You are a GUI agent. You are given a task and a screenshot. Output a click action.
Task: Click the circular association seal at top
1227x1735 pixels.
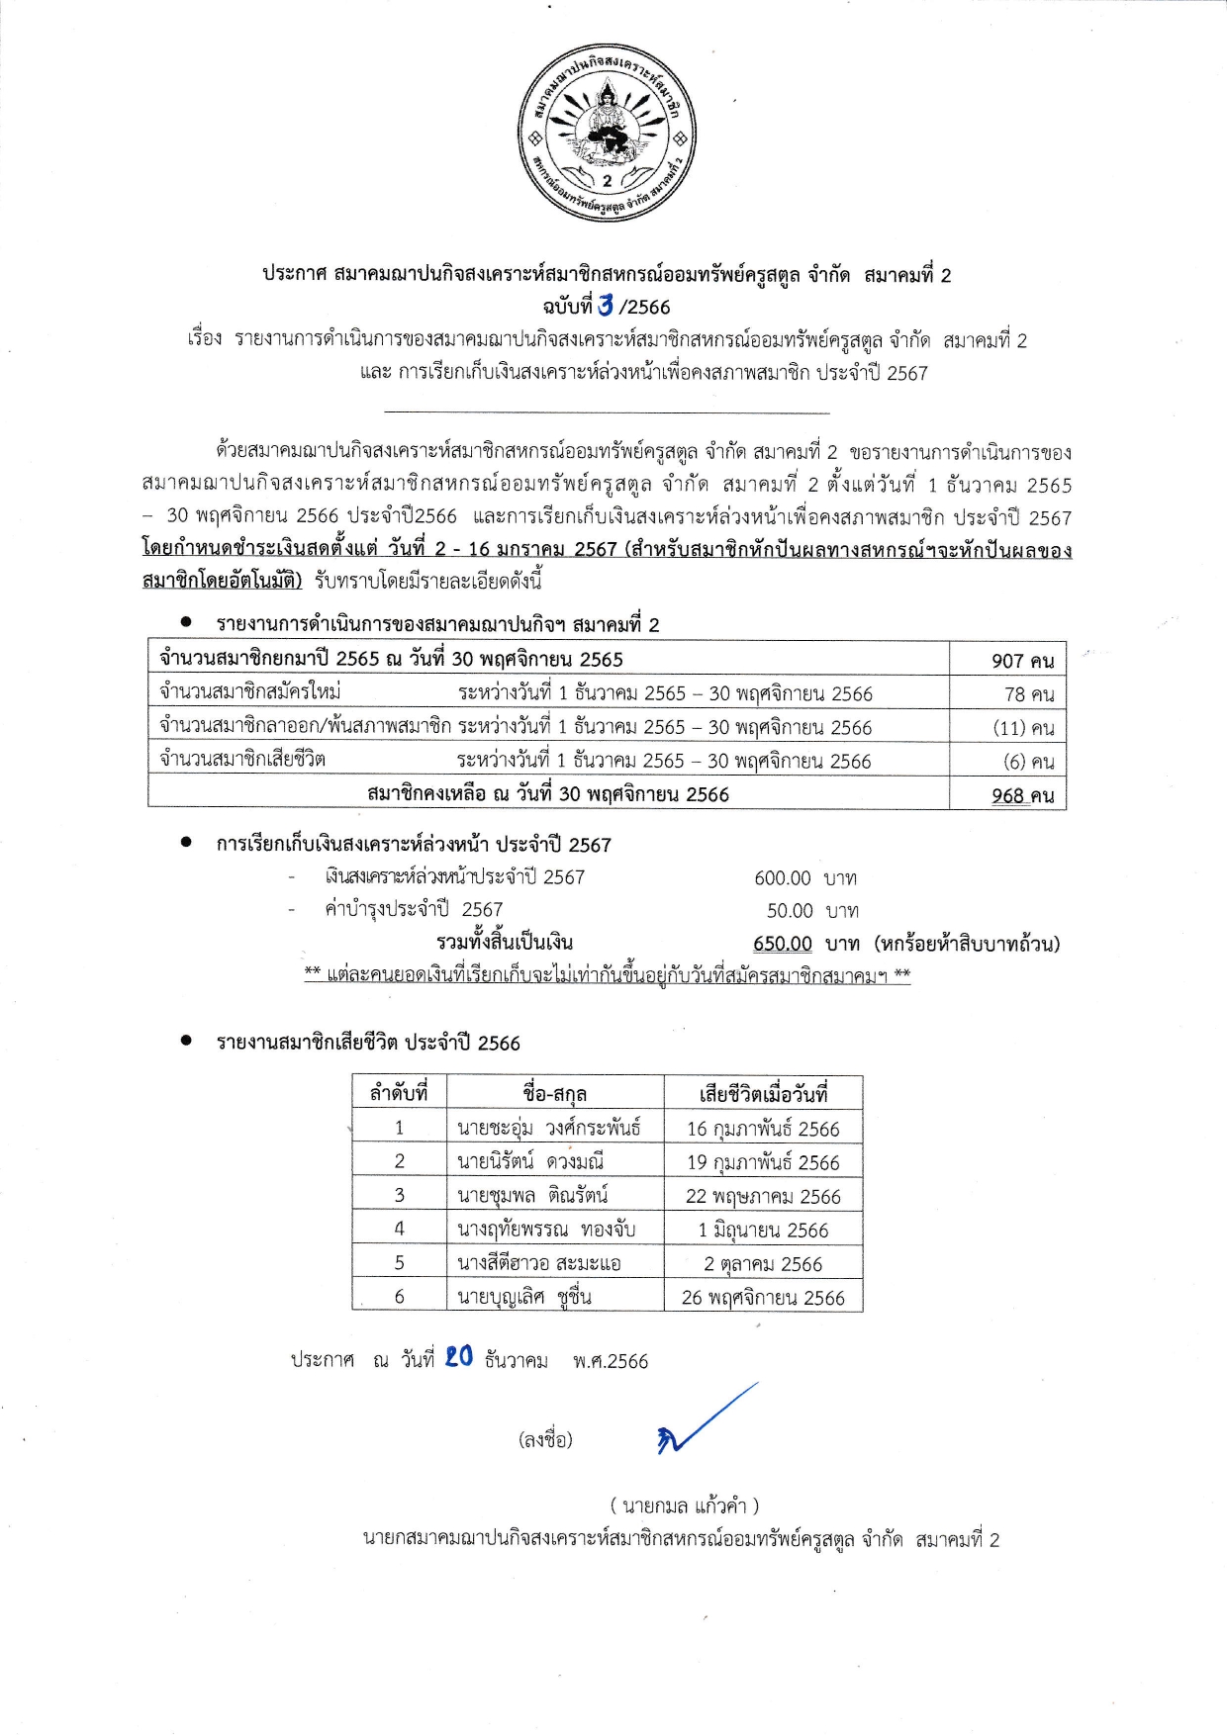tap(608, 131)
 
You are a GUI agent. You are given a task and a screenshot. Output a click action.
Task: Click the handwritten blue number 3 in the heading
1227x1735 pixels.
tap(605, 306)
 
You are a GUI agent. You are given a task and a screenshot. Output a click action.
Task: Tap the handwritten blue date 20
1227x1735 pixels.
tap(458, 1357)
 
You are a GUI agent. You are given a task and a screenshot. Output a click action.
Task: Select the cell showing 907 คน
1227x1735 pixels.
tap(1021, 661)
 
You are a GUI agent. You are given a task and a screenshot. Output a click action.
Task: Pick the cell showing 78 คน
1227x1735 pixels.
tap(1028, 694)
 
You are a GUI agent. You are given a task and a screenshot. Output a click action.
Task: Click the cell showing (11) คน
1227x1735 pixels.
tap(1023, 728)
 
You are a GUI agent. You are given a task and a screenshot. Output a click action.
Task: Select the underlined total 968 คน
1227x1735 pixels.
tap(1021, 795)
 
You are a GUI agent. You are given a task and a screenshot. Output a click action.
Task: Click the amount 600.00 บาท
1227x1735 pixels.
tap(804, 878)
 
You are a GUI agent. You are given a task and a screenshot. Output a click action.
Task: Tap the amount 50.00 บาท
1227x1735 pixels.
tap(811, 911)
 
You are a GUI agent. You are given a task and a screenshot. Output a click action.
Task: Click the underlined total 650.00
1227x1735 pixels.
tap(782, 944)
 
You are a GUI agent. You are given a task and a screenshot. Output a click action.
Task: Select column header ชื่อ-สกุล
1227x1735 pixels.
tap(554, 1094)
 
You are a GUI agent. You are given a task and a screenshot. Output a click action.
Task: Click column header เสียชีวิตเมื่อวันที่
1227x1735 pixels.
tap(763, 1094)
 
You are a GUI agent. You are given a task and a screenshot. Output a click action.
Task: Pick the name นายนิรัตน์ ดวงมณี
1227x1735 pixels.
tap(530, 1161)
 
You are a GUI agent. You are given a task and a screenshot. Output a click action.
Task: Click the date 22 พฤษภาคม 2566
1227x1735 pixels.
tap(763, 1196)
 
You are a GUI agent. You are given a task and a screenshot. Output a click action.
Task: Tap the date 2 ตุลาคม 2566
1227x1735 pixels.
tap(763, 1264)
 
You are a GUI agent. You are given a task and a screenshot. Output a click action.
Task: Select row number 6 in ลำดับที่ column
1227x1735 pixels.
tap(399, 1297)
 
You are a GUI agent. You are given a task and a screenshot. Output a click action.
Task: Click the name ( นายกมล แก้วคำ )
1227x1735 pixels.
tap(684, 1507)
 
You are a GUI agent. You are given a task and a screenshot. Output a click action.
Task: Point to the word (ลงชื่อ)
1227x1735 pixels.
tap(545, 1440)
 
